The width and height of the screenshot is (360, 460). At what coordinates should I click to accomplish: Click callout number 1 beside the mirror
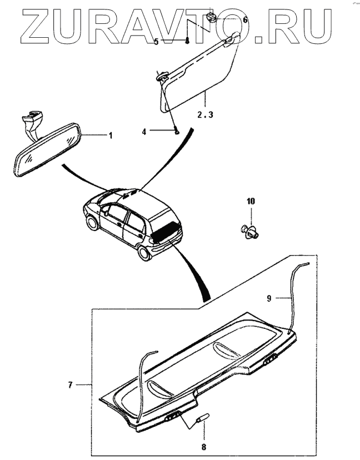[x=110, y=135]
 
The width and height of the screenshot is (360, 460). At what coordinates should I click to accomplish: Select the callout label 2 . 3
[x=205, y=115]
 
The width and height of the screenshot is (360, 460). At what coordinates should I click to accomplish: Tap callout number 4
[x=144, y=132]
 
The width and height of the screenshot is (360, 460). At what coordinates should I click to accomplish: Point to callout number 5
[x=156, y=41]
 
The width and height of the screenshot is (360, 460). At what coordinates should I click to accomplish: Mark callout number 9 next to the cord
[x=269, y=299]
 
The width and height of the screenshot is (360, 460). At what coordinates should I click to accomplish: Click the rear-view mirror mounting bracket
[x=31, y=119]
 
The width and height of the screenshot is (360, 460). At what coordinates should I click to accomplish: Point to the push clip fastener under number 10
[x=250, y=230]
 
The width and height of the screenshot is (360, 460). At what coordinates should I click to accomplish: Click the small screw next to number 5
[x=188, y=41]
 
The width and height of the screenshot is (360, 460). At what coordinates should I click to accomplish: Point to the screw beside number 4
[x=176, y=132]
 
